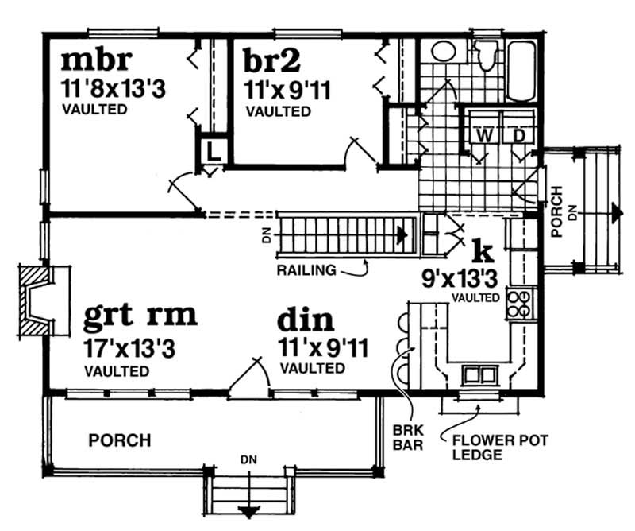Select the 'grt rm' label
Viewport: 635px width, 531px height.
[140, 316]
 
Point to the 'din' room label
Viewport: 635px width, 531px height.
[306, 321]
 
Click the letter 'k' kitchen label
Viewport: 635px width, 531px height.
[483, 250]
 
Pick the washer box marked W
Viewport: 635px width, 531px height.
[484, 136]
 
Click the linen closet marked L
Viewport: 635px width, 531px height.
[213, 149]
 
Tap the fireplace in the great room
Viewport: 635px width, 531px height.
[37, 300]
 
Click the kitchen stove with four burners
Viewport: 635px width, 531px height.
[518, 304]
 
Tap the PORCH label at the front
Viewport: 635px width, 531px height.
[120, 440]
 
